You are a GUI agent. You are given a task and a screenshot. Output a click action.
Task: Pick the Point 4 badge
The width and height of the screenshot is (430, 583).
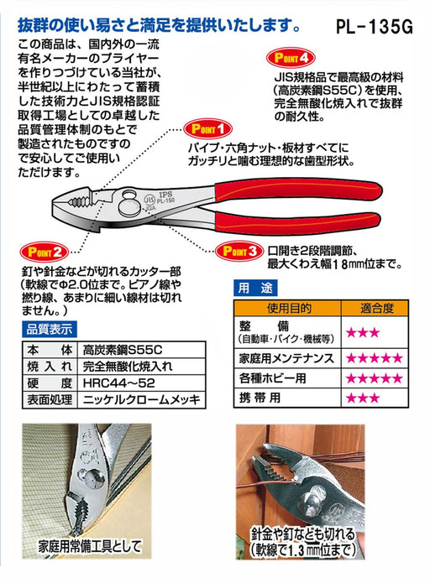click(x=291, y=60)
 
